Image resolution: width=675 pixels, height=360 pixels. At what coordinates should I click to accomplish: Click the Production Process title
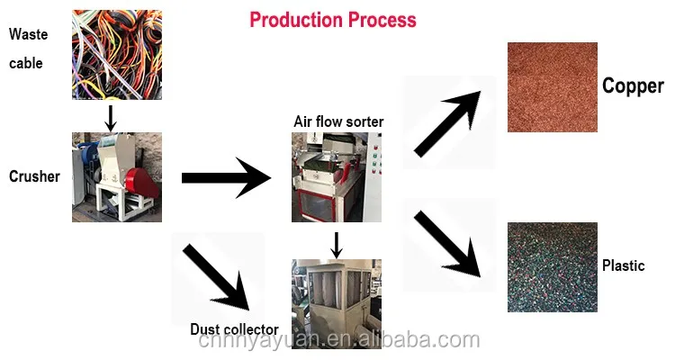(x=333, y=19)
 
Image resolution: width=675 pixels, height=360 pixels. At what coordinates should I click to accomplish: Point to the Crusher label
(x=34, y=176)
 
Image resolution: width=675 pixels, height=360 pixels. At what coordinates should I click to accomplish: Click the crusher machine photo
(x=117, y=177)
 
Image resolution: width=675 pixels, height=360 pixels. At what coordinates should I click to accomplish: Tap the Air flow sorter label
(x=338, y=121)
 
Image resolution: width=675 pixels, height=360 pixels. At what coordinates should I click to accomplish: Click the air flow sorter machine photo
(x=336, y=176)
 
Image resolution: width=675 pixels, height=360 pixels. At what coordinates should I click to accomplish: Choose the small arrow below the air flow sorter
(x=337, y=243)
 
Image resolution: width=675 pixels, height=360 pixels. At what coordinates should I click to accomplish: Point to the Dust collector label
(x=234, y=329)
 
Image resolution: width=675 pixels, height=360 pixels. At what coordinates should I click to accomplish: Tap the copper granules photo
(x=552, y=87)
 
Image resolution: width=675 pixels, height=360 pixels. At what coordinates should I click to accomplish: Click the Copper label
(x=633, y=86)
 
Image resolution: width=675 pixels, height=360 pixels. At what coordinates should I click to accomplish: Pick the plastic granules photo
(x=552, y=266)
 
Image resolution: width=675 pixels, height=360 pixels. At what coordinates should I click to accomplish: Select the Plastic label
(x=623, y=265)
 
